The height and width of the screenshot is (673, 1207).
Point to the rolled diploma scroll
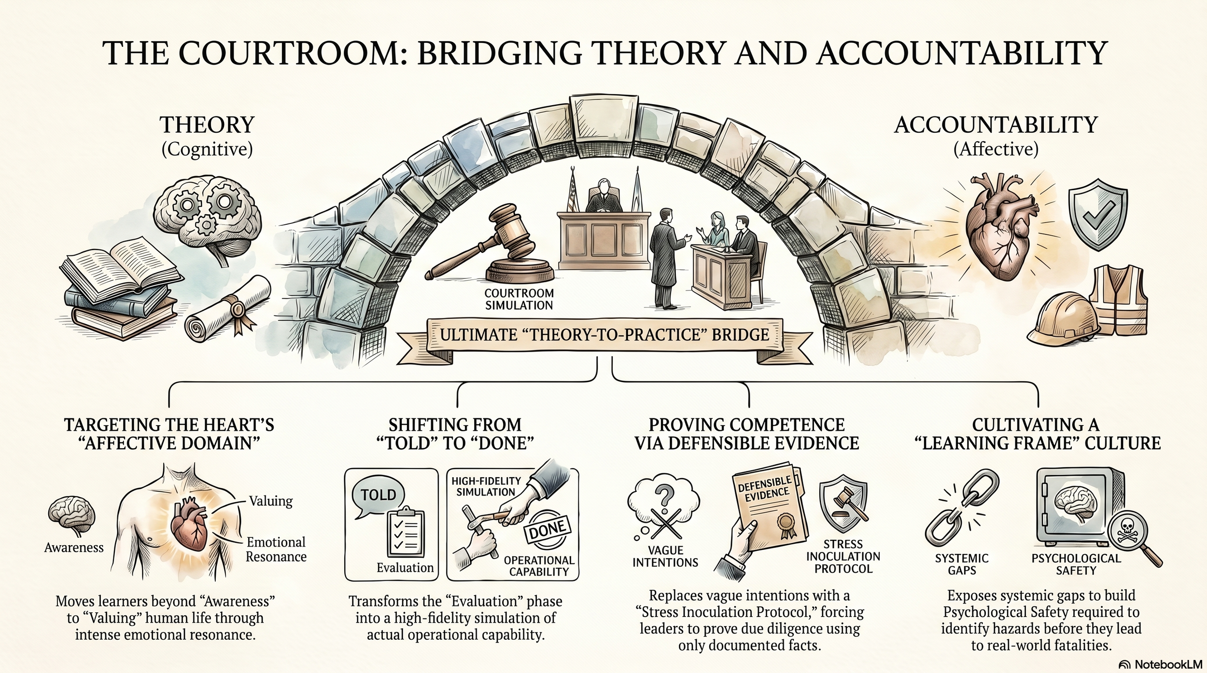[x=227, y=309]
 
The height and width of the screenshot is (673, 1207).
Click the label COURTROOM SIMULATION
[x=519, y=299]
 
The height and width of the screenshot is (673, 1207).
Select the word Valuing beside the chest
[x=271, y=501]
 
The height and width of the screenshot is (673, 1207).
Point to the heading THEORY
[x=207, y=125]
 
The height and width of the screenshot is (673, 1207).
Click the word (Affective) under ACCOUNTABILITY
[x=996, y=149]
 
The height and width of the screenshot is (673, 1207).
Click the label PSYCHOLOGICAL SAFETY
[x=1076, y=564]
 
